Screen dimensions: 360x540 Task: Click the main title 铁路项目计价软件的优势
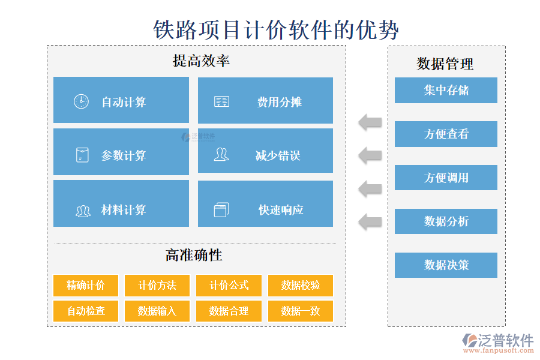click(276, 28)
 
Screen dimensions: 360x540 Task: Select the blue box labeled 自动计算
click(121, 100)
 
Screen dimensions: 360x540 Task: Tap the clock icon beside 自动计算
click(81, 101)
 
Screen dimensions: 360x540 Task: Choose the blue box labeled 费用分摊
click(265, 100)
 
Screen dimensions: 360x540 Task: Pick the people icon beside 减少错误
click(221, 155)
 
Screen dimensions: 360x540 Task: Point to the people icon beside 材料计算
click(83, 211)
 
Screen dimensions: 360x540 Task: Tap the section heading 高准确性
click(194, 255)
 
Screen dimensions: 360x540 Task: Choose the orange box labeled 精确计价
click(86, 286)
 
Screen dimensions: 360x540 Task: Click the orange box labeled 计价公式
click(229, 286)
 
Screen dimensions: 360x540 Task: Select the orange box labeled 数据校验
click(300, 286)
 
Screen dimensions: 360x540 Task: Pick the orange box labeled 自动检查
click(86, 311)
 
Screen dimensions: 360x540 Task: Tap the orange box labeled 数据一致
click(300, 311)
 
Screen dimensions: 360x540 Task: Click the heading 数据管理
click(445, 64)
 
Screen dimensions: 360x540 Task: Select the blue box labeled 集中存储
click(446, 91)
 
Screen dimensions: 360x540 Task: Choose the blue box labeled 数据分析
click(446, 221)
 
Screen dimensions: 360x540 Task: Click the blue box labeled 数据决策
click(446, 265)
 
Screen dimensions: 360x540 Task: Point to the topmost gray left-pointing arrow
click(370, 122)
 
